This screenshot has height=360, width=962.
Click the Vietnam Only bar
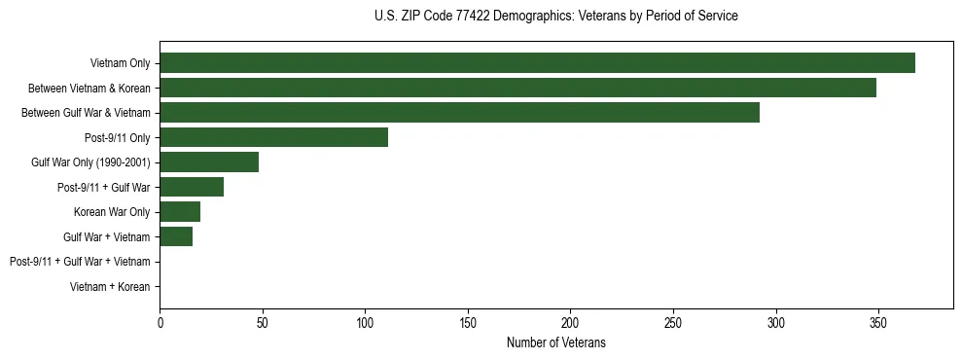pos(537,63)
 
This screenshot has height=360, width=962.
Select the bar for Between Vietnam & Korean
pos(517,88)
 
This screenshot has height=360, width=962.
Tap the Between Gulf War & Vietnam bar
pos(459,113)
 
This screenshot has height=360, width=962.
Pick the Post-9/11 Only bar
pos(273,137)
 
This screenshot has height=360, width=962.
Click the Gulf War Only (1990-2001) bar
pos(209,162)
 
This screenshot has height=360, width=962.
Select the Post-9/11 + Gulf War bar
pos(192,187)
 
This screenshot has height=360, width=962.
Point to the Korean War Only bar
pos(180,212)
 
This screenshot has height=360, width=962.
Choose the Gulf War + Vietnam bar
pos(176,236)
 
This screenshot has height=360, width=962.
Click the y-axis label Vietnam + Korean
pos(110,287)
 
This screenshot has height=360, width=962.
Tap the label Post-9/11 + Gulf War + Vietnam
pos(80,262)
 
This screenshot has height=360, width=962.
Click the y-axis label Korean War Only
pos(112,212)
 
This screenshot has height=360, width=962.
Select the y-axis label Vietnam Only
pos(120,63)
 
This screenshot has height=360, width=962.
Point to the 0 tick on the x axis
pos(160,322)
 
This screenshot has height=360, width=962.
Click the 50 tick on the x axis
pos(263,322)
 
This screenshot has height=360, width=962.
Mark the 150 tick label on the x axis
pos(468,322)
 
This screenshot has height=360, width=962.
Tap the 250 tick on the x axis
pos(673,322)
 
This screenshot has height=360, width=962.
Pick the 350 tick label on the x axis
pos(878,322)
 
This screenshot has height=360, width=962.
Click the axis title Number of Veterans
pos(555,342)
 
